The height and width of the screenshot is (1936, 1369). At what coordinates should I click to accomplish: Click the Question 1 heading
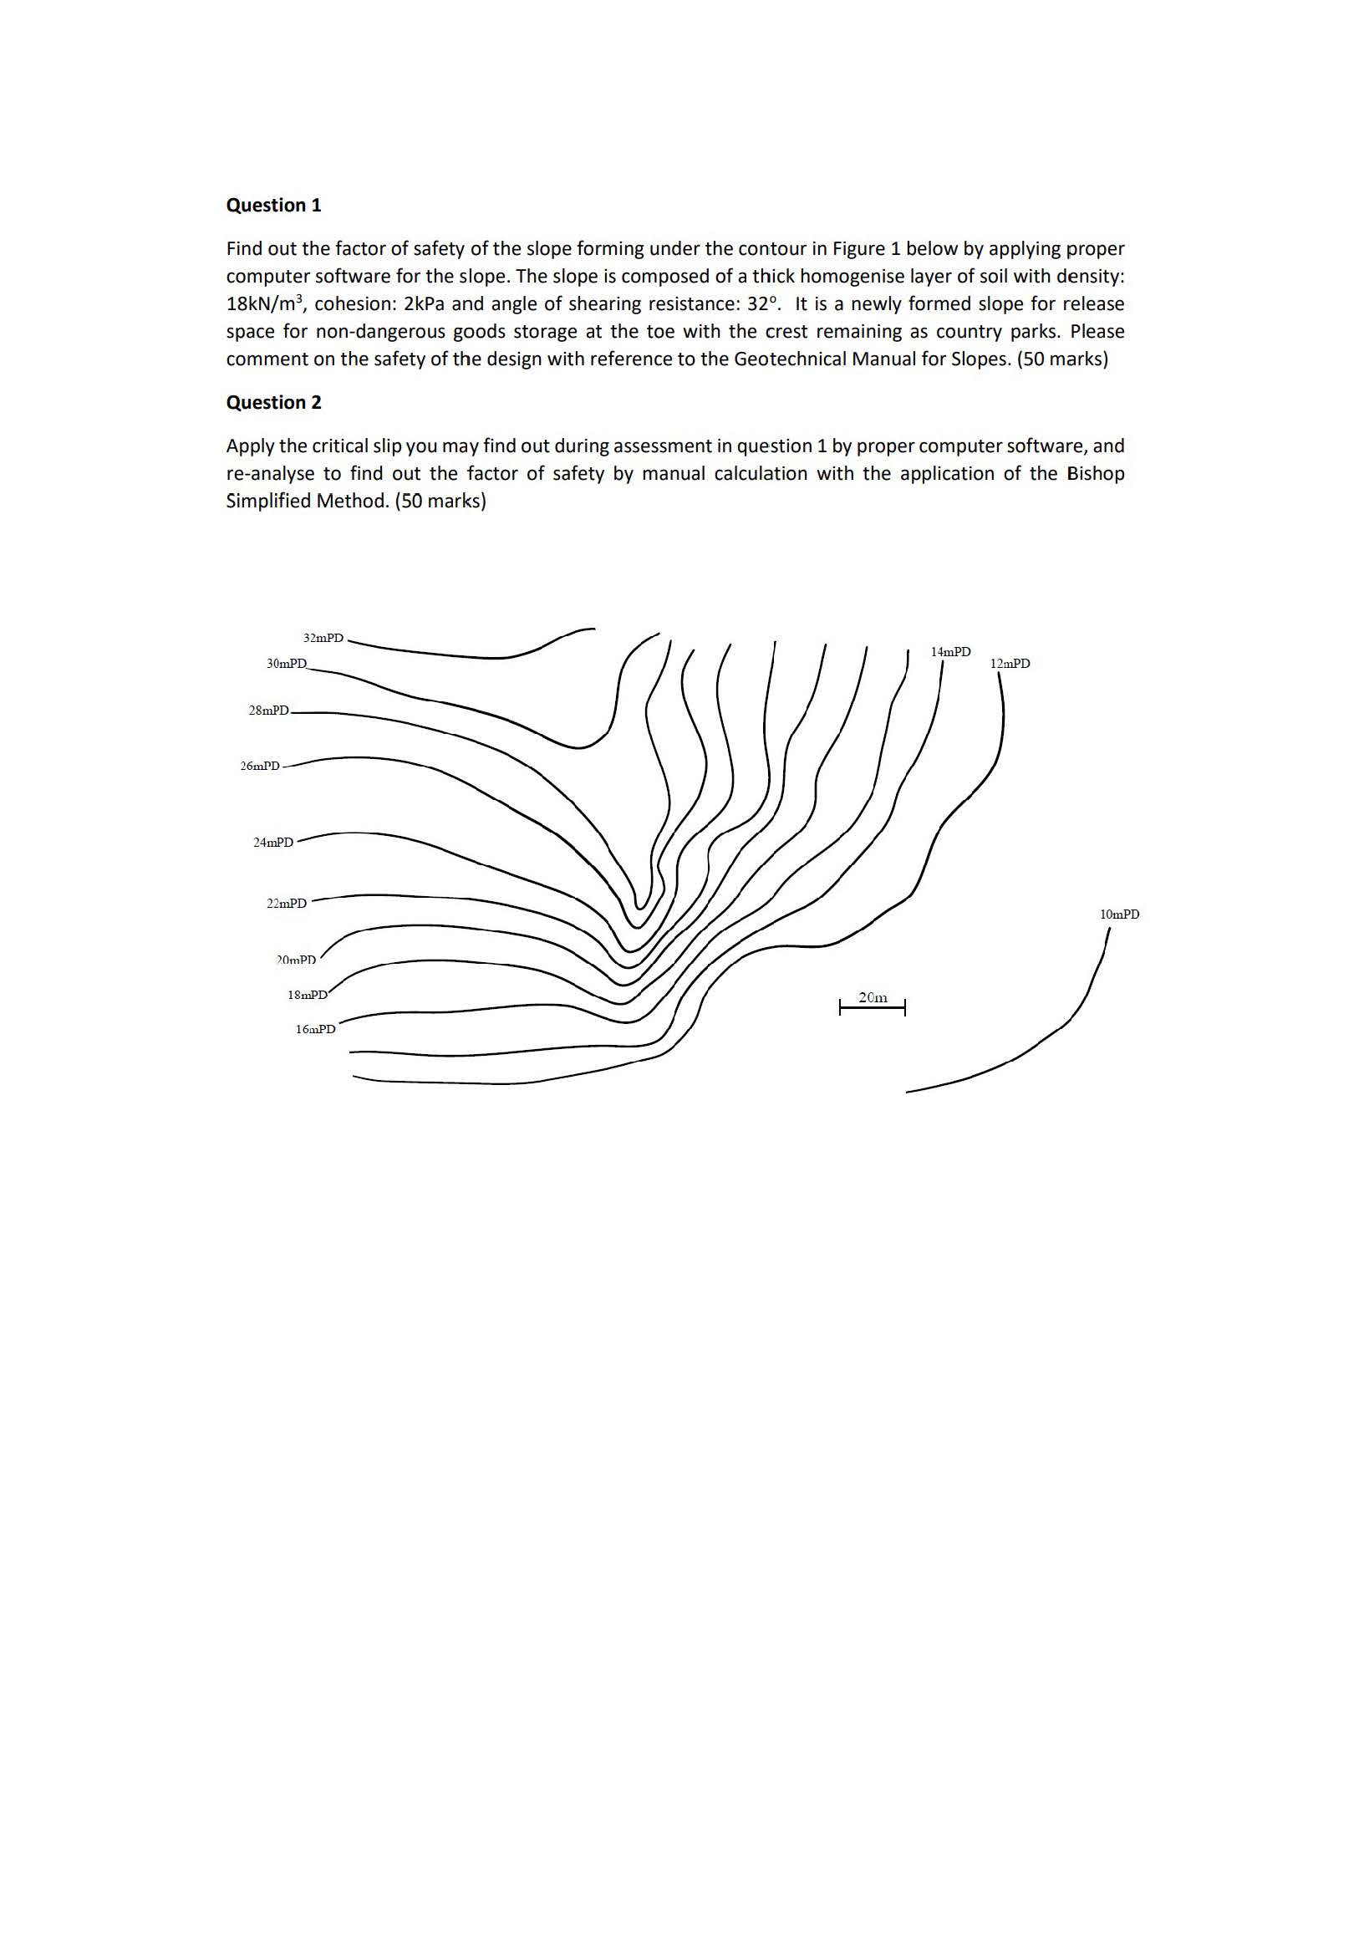273,205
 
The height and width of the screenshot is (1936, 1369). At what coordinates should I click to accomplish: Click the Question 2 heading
273,402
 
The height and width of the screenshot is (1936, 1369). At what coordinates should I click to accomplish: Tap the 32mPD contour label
323,638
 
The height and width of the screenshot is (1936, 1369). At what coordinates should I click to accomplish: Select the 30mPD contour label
287,664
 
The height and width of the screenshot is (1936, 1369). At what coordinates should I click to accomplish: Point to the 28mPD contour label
268,710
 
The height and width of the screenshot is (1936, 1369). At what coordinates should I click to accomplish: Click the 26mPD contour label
260,766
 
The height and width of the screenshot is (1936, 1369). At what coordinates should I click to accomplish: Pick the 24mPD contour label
273,842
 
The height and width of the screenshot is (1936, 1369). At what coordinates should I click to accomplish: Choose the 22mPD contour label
287,903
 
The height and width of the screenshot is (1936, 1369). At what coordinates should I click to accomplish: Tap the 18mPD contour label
307,994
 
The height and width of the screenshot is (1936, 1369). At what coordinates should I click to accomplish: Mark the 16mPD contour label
315,1029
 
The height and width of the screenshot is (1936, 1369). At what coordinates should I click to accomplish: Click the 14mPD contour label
950,651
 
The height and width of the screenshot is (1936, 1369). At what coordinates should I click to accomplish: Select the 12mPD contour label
1009,664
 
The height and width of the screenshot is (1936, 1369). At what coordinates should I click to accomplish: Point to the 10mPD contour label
1119,914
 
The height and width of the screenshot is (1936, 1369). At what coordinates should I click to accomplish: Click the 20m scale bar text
873,996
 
